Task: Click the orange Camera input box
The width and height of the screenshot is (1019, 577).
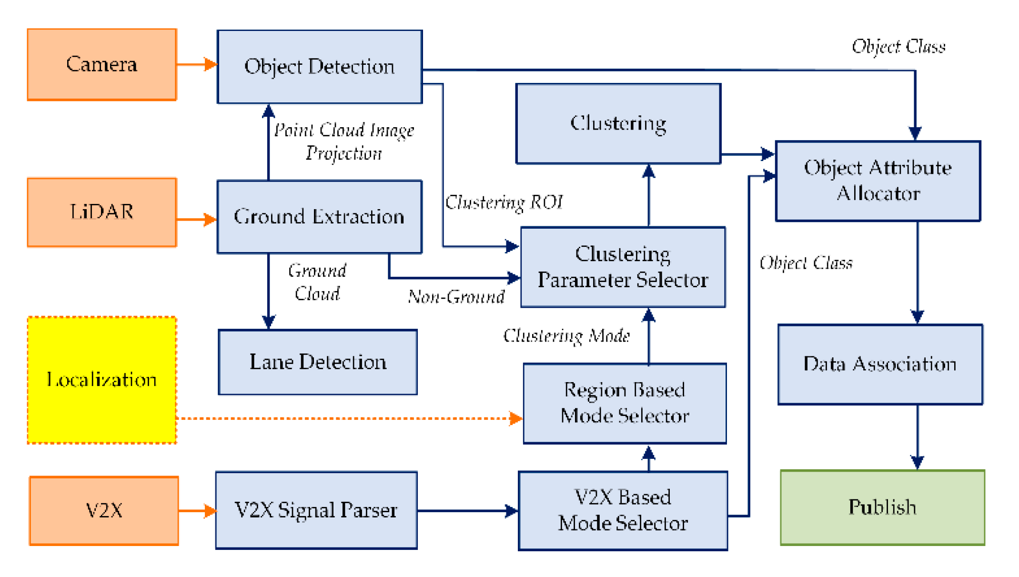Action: (101, 64)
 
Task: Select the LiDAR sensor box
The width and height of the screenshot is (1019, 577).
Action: (101, 212)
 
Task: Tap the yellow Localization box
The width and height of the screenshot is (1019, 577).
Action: (101, 380)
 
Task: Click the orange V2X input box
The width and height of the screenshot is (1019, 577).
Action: (104, 510)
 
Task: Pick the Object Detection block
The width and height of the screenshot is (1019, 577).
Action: (319, 67)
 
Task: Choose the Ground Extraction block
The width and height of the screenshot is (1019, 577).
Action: (319, 217)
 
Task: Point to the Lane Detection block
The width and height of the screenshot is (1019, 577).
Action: (318, 362)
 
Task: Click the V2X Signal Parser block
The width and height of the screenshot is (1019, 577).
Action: (316, 510)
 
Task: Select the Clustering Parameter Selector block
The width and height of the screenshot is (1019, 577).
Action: (623, 267)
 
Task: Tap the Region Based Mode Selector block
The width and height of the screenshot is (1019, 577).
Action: (625, 403)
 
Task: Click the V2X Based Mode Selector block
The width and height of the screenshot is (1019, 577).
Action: (623, 510)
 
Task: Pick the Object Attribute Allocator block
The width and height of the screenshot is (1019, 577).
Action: (878, 181)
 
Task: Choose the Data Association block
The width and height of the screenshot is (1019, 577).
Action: (880, 364)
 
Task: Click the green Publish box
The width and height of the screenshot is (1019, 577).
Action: (882, 507)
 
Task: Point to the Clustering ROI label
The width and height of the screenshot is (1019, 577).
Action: (504, 202)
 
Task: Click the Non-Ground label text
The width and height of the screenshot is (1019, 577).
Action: (456, 297)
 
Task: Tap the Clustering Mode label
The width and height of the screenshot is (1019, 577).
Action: (566, 336)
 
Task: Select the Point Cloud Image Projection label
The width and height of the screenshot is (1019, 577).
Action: (343, 142)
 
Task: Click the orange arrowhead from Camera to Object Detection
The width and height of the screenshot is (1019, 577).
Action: (210, 64)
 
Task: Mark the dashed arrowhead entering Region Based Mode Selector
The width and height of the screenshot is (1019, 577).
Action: (515, 418)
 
